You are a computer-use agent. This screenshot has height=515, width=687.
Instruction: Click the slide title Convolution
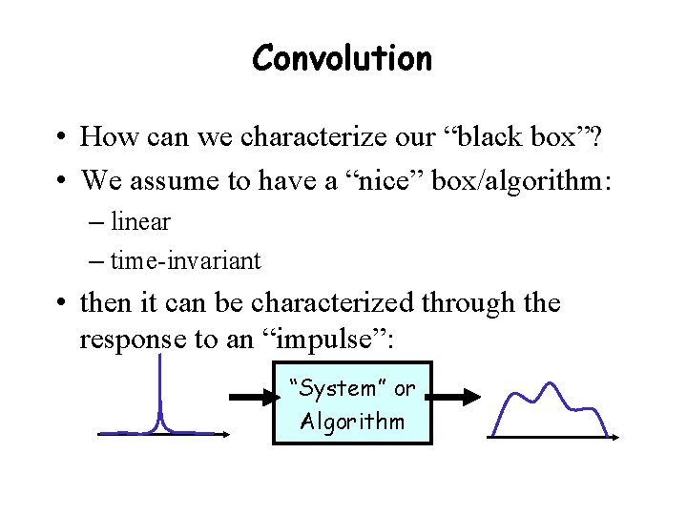[343, 58]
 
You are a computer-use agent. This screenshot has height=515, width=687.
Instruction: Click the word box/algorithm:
[535, 179]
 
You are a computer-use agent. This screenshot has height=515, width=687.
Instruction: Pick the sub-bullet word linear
[140, 222]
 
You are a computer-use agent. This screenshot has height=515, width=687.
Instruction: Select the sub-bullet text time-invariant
[185, 259]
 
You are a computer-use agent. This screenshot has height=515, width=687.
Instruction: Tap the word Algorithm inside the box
[352, 422]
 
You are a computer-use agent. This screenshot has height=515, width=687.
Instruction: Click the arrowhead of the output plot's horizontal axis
[615, 438]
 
